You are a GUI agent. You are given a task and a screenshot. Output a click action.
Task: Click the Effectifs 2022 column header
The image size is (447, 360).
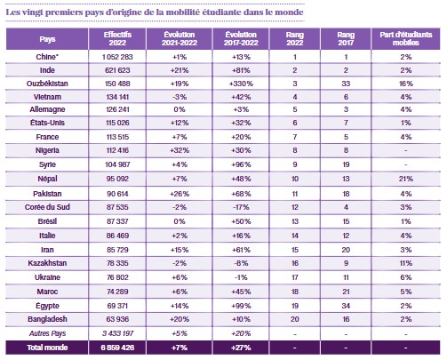[x=117, y=38]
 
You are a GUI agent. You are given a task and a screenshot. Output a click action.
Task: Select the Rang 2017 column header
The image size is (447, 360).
[x=346, y=38]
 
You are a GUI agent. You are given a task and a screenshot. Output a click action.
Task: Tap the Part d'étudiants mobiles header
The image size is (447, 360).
[x=406, y=38]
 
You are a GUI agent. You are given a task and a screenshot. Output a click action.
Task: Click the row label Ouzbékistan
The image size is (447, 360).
[x=47, y=84]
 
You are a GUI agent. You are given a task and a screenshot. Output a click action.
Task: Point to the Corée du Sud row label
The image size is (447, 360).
[x=47, y=207]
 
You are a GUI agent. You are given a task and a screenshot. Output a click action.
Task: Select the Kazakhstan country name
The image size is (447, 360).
[x=47, y=263]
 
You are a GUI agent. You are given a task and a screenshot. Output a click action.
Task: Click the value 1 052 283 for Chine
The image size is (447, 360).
[x=117, y=57]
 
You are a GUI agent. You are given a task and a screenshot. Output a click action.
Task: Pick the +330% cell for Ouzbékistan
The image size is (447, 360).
[x=241, y=84]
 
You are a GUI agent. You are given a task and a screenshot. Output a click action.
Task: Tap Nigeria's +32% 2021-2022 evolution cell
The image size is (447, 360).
[x=180, y=150]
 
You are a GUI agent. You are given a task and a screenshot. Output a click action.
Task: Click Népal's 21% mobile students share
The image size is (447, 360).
[x=406, y=179]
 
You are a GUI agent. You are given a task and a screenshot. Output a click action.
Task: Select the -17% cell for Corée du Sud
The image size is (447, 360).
[x=241, y=207]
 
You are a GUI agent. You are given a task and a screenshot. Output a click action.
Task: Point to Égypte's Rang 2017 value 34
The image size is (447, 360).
[x=346, y=306]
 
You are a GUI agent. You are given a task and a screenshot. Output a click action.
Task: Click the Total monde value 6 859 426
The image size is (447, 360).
[x=117, y=348]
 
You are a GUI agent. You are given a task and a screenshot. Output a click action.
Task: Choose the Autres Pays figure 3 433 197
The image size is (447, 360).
[x=117, y=333]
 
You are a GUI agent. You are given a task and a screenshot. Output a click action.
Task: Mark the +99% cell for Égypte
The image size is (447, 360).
[x=241, y=306]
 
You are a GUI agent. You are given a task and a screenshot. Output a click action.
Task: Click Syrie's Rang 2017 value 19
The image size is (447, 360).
[x=346, y=164]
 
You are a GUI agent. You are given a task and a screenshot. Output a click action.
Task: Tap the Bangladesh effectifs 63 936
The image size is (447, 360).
[x=117, y=319]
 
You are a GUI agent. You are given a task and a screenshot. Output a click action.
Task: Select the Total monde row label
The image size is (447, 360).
[x=47, y=348]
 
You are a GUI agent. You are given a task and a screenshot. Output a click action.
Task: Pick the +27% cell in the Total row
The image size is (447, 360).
[x=241, y=348]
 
